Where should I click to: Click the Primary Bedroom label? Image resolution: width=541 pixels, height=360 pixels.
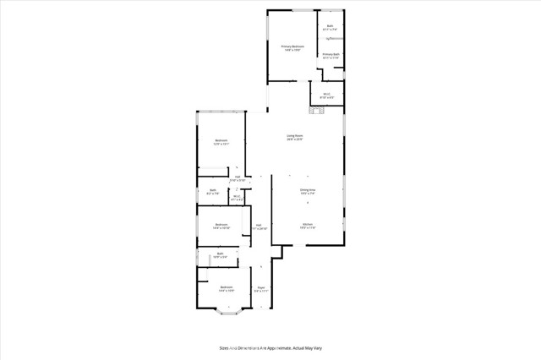[292, 48]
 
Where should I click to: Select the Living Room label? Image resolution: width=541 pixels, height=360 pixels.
[294, 137]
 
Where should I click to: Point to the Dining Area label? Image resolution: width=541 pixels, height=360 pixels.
[307, 191]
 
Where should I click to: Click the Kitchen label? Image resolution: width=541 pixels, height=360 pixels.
[307, 226]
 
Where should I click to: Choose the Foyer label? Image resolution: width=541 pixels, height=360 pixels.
[261, 288]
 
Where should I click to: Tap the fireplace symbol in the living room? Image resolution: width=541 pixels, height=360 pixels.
[318, 108]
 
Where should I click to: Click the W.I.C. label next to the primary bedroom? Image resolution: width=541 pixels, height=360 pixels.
[326, 95]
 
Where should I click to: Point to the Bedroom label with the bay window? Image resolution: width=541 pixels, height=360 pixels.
[226, 289]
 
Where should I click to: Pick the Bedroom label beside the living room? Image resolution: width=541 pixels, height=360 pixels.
[221, 142]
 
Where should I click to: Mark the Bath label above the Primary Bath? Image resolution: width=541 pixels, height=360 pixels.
[331, 27]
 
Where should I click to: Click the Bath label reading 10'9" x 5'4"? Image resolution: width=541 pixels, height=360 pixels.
[220, 254]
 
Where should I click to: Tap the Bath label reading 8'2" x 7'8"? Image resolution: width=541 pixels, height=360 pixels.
[213, 192]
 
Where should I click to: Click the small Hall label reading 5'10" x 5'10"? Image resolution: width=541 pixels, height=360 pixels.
[238, 178]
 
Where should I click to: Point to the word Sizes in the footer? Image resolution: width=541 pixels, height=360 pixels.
[224, 347]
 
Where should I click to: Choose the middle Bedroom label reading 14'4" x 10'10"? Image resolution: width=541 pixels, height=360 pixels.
[221, 226]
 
